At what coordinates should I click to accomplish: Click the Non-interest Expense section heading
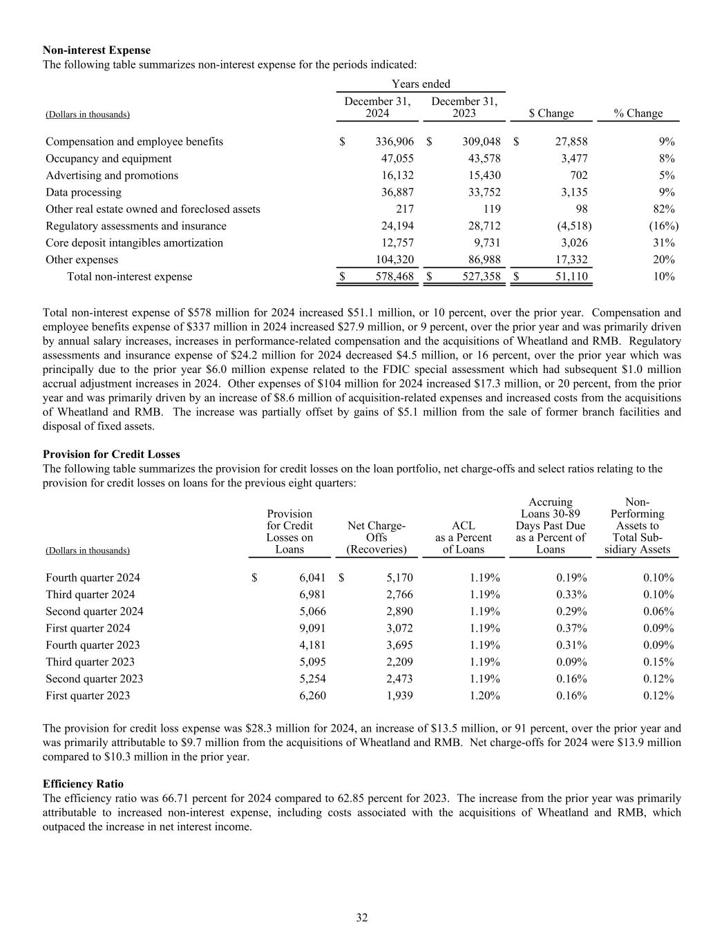pos(97,50)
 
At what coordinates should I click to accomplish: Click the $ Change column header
pos(551,113)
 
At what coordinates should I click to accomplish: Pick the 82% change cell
pos(663,209)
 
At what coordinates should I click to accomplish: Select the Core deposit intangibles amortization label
pos(135,243)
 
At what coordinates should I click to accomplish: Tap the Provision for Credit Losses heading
pos(111,455)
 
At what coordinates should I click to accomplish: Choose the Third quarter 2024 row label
pos(90,595)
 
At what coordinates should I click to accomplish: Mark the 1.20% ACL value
pos(484,696)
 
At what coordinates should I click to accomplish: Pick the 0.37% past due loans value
pos(571,629)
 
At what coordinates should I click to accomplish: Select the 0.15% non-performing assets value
pos(658,662)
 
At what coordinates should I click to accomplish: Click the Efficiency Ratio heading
pos(83,784)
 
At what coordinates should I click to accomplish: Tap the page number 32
pos(362,918)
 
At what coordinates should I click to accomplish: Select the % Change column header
pos(638,113)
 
